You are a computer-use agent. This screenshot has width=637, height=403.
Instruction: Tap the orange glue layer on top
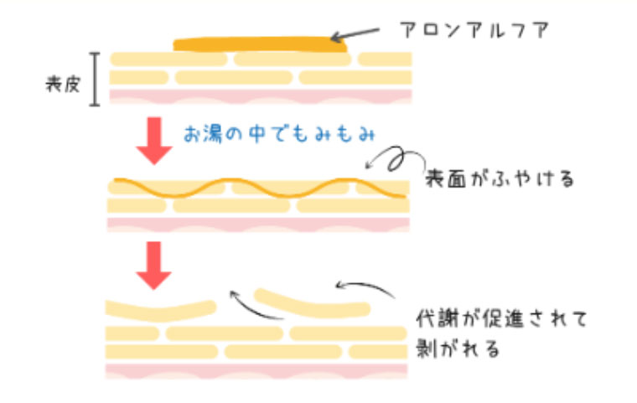260,44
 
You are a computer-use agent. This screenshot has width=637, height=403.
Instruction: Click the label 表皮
63,83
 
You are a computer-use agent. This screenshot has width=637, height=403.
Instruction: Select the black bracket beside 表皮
96,80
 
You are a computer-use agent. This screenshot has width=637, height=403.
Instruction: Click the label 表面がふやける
500,179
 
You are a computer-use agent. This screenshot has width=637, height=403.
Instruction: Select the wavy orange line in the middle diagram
260,189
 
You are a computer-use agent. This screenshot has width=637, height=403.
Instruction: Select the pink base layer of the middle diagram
260,224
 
